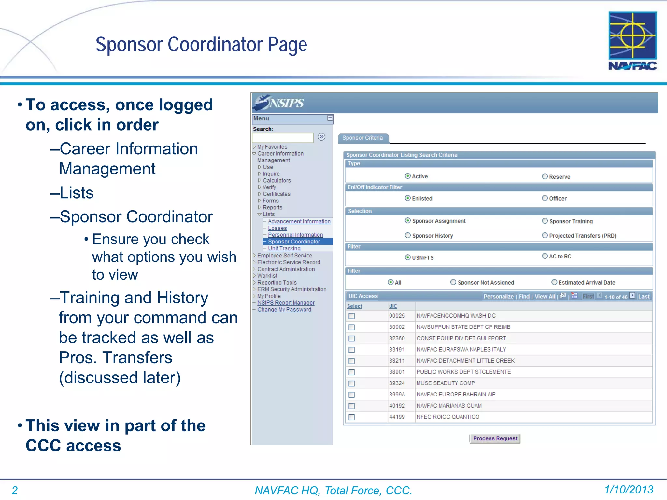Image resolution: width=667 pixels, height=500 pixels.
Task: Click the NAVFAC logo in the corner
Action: point(632,41)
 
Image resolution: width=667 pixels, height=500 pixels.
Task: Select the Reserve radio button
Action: point(545,176)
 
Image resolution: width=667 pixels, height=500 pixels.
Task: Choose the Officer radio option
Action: point(545,198)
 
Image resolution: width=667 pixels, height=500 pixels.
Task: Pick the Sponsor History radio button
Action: point(407,235)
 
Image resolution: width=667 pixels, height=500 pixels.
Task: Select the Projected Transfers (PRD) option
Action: point(545,235)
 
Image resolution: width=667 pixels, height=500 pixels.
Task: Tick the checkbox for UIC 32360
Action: point(351,339)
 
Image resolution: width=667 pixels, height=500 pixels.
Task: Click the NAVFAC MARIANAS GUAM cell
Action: point(449,406)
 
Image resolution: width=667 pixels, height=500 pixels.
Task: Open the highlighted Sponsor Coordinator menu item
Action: point(294,242)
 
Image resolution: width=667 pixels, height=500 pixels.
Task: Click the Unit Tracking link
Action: point(284,248)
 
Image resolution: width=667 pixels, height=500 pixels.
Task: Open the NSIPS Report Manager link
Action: point(286,303)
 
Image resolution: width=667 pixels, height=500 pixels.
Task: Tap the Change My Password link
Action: point(284,310)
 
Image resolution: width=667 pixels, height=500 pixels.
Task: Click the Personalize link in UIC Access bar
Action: point(498,296)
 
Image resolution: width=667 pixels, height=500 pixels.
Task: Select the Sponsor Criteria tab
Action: point(362,138)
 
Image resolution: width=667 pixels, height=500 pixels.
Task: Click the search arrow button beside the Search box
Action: point(321,137)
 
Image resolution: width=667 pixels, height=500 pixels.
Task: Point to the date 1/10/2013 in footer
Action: point(629,489)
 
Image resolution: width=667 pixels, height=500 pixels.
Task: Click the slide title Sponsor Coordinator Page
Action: point(201,45)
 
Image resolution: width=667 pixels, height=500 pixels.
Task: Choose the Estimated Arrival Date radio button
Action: point(554,282)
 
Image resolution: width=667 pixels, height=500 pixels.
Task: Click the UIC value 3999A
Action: point(397,395)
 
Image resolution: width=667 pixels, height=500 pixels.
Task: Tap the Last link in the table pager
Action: point(643,296)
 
